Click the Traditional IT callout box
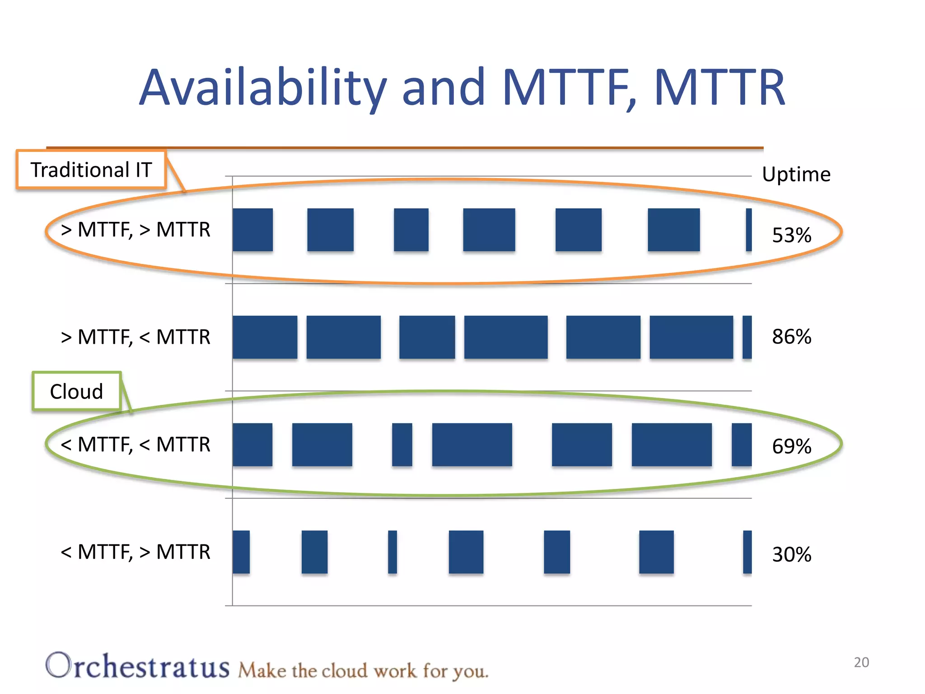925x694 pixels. pyautogui.click(x=91, y=170)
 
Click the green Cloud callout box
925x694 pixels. pyautogui.click(x=77, y=391)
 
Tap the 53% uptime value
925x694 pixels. pyautogui.click(x=791, y=235)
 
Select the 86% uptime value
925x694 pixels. pyautogui.click(x=791, y=337)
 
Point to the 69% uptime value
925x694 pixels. pyautogui.click(x=791, y=446)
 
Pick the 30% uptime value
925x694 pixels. pyautogui.click(x=791, y=554)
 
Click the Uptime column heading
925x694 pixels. pyautogui.click(x=796, y=174)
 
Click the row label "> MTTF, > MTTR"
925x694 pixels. pyautogui.click(x=135, y=230)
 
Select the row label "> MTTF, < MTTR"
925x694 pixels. pyautogui.click(x=135, y=337)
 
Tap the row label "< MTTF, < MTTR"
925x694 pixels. pyautogui.click(x=135, y=445)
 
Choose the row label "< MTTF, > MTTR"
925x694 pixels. pyautogui.click(x=135, y=552)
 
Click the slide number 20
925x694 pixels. pyautogui.click(x=861, y=662)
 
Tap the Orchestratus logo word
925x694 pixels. pyautogui.click(x=138, y=666)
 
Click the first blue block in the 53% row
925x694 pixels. pyautogui.click(x=253, y=230)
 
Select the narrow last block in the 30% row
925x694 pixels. pyautogui.click(x=747, y=552)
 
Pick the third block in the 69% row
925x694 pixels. pyautogui.click(x=402, y=445)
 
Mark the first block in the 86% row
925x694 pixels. pyautogui.click(x=265, y=337)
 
